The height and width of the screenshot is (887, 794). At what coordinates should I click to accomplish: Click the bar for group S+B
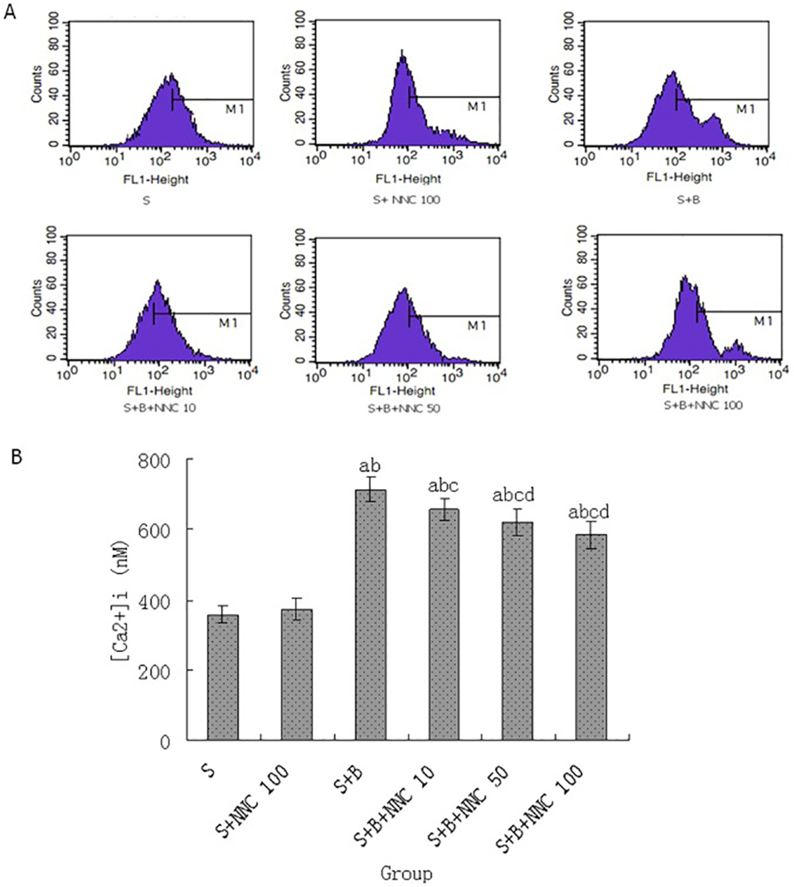pyautogui.click(x=371, y=615)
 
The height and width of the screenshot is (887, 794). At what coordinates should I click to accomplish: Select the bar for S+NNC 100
pyautogui.click(x=297, y=675)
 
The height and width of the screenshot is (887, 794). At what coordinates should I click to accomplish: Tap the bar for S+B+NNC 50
pyautogui.click(x=517, y=631)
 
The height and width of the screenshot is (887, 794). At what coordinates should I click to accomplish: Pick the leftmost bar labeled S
pyautogui.click(x=223, y=678)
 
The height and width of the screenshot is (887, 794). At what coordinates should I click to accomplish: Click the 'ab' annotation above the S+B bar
pyautogui.click(x=370, y=467)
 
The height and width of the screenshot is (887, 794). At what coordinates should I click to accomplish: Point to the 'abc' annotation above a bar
pyautogui.click(x=443, y=486)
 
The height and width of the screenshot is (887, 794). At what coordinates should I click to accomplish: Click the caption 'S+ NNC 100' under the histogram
pyautogui.click(x=408, y=200)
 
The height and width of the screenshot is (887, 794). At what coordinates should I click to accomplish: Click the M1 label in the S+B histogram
pyautogui.click(x=746, y=109)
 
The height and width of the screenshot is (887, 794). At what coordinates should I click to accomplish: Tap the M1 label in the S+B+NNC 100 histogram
pyautogui.click(x=763, y=321)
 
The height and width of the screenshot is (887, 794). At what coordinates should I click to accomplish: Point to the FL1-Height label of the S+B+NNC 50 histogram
pyautogui.click(x=403, y=391)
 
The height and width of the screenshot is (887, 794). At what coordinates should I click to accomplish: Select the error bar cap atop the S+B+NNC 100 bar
pyautogui.click(x=591, y=521)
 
